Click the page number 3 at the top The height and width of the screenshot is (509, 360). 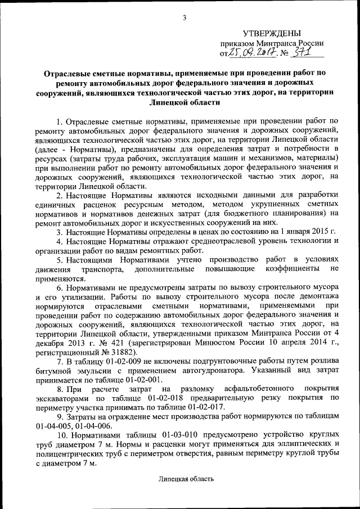(184, 19)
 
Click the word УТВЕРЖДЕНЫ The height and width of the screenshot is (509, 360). (271, 34)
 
